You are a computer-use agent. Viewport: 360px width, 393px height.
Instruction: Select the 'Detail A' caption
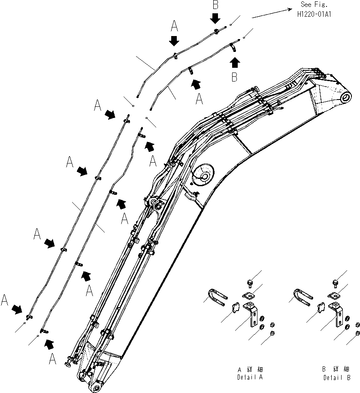(250, 373)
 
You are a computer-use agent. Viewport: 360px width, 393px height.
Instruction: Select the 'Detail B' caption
(337, 373)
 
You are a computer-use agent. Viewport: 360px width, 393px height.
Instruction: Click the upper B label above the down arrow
(215, 5)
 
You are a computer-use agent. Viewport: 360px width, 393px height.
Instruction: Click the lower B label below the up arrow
(234, 78)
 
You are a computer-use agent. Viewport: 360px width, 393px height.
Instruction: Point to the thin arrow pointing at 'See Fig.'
(270, 13)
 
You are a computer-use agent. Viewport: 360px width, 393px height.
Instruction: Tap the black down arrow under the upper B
(215, 18)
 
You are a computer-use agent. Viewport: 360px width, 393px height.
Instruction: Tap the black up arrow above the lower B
(234, 62)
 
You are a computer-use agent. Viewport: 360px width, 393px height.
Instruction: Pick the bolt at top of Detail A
(250, 282)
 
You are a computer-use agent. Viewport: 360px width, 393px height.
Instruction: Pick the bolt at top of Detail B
(336, 282)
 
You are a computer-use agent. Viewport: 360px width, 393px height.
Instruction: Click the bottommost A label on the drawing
(53, 360)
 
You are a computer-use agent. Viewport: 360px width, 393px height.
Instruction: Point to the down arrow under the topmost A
(174, 41)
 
